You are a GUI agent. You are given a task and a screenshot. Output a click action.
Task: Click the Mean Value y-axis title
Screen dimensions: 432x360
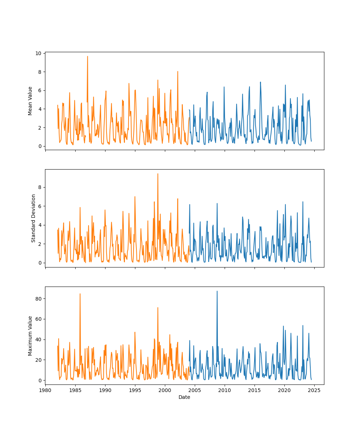[30, 101]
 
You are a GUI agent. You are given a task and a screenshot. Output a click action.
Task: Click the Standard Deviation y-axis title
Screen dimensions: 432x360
[33, 218]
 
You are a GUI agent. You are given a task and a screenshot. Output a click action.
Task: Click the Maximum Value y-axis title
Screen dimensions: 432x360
[30, 336]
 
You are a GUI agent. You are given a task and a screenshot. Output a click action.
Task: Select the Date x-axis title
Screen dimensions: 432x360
[184, 397]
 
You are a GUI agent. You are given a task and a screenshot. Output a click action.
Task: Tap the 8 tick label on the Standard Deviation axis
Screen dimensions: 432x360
[41, 187]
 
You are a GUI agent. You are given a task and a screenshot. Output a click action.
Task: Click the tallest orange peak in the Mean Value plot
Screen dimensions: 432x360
[87, 56]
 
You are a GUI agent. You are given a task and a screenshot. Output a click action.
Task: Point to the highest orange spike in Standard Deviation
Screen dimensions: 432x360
[158, 174]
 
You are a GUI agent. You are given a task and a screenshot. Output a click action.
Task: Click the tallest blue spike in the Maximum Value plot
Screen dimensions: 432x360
[217, 291]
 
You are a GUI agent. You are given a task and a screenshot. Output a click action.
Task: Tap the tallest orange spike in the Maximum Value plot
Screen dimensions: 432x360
[80, 293]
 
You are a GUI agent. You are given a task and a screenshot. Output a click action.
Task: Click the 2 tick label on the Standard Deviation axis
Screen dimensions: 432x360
[41, 244]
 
